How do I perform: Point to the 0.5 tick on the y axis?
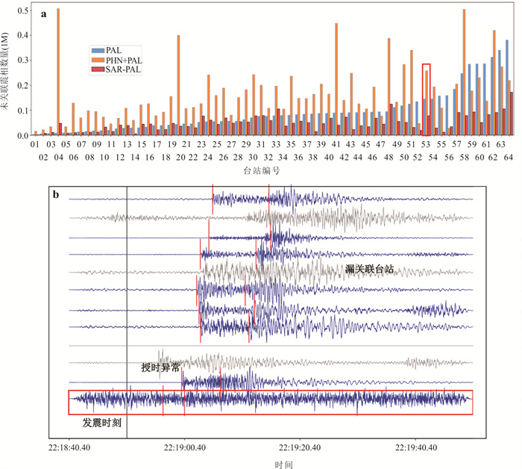(22, 10)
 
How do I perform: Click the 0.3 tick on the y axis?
(22, 60)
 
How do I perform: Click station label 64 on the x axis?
(509, 158)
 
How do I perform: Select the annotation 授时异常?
(160, 367)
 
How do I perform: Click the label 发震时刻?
(103, 422)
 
